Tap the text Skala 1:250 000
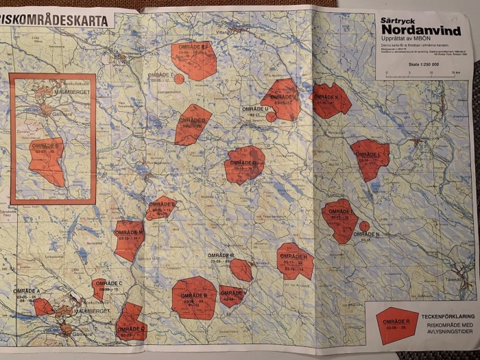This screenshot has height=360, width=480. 423,65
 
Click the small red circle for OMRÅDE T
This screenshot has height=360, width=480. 179,80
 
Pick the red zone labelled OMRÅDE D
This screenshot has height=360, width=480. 193,123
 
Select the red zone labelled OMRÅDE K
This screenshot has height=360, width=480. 331,100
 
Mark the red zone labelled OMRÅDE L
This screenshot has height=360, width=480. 370,158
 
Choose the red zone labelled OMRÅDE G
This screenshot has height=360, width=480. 244,165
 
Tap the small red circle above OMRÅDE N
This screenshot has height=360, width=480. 364,226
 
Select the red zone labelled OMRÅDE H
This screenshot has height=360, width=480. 296,261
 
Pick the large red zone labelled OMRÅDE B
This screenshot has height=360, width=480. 194,298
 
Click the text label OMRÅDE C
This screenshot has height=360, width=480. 109,283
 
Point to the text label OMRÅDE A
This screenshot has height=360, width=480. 29,291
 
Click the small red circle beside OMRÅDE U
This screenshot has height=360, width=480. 271,117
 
